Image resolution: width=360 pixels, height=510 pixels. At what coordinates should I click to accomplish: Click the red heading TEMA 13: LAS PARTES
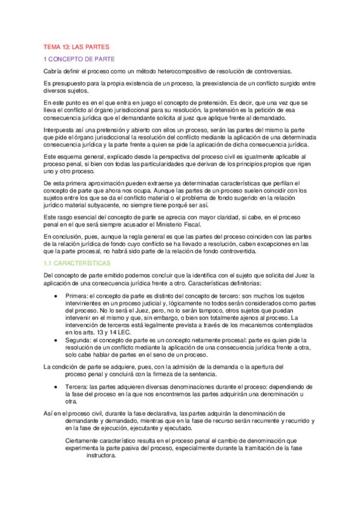pos(75,46)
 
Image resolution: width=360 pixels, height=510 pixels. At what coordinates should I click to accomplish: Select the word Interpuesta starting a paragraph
pos(60,130)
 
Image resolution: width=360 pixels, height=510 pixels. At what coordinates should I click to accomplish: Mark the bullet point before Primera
pos(56,296)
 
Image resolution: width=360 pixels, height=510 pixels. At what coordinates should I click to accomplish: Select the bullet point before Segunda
pos(56,339)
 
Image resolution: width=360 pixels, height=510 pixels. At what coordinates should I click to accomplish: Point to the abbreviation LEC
pos(123,331)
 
